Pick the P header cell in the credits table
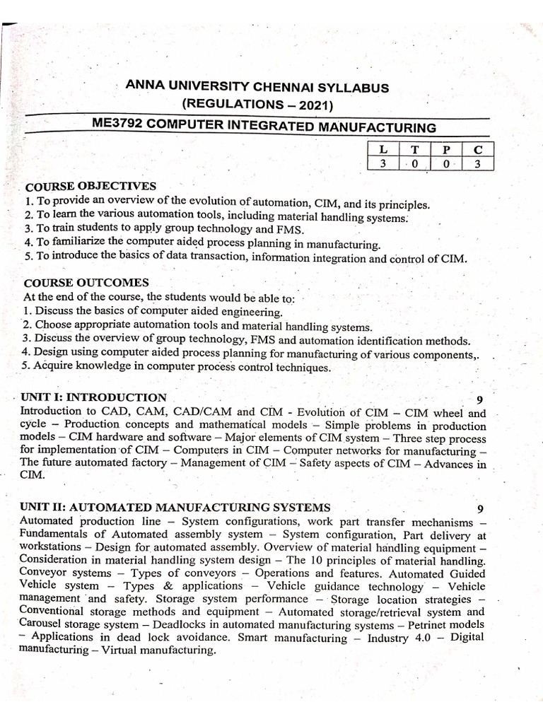tap(446, 149)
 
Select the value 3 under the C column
tap(478, 164)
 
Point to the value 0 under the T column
tap(415, 164)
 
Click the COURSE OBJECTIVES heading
tap(90, 187)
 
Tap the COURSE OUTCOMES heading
tap(86, 283)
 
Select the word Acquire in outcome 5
tap(54, 368)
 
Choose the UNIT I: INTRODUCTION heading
tap(94, 397)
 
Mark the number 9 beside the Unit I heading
tap(480, 399)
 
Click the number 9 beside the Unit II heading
tap(480, 509)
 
